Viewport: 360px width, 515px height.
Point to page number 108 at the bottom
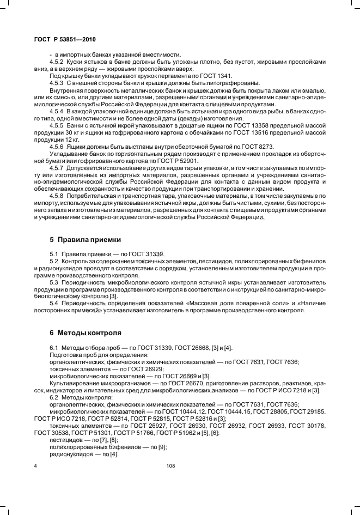point(170,466)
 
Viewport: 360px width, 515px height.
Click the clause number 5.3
point(55,283)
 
